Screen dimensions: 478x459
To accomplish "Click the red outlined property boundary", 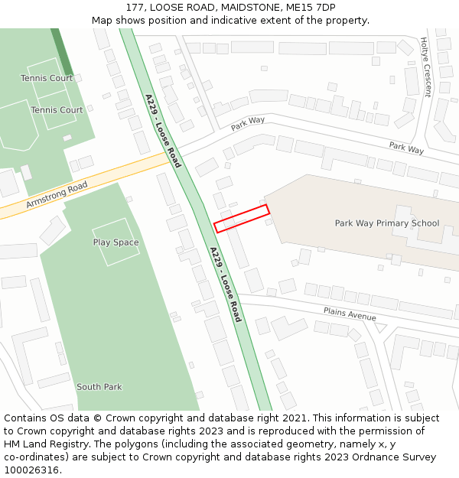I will tap(241, 218).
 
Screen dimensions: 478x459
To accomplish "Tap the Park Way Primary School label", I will tap(387, 223).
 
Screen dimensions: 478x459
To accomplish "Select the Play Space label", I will tap(116, 242).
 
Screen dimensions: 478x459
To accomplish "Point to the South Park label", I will tap(99, 387).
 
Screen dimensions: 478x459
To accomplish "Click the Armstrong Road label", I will tap(57, 194).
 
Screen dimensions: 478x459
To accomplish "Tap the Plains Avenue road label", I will tap(350, 314).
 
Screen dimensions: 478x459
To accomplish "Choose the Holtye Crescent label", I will tap(425, 68).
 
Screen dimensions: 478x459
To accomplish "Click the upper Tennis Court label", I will tap(47, 78).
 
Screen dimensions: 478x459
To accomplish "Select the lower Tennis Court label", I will tap(57, 110).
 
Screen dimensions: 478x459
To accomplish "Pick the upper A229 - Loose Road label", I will tap(163, 131).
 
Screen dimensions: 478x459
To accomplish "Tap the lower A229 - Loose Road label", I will tap(226, 284).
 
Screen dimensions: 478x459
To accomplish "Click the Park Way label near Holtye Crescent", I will tap(406, 147).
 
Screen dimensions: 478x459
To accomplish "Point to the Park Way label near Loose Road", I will tap(248, 122).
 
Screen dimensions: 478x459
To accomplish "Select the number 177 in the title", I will tap(135, 8).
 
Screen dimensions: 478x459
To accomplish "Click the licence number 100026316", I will tap(31, 470).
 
